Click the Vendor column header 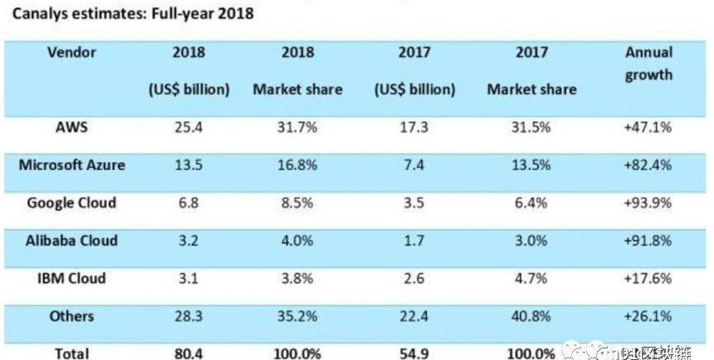pyautogui.click(x=72, y=52)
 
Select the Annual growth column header pyautogui.click(x=649, y=64)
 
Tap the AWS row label pyautogui.click(x=72, y=127)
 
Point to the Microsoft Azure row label pyautogui.click(x=72, y=165)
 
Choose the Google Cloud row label pyautogui.click(x=72, y=203)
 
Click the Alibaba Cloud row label pyautogui.click(x=72, y=241)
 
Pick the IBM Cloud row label pyautogui.click(x=72, y=278)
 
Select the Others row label pyautogui.click(x=72, y=316)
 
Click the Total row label pyautogui.click(x=72, y=353)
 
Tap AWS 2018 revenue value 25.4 pyautogui.click(x=189, y=128)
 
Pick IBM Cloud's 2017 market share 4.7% pyautogui.click(x=532, y=279)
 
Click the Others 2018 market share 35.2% pyautogui.click(x=297, y=317)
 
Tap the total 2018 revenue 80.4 pyautogui.click(x=189, y=353)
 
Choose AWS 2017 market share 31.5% pyautogui.click(x=532, y=128)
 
